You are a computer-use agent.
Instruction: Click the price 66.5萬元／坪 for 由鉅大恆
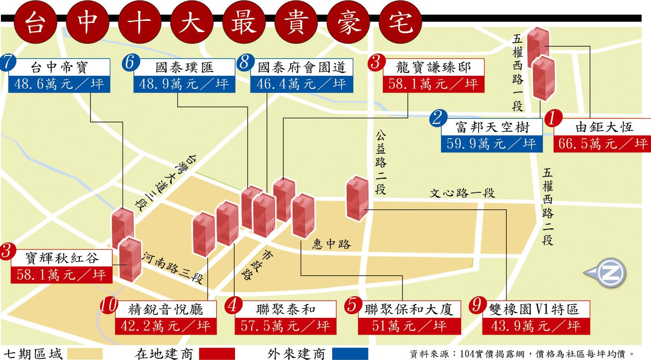tap(602, 144)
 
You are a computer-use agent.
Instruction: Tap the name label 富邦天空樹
tap(492, 127)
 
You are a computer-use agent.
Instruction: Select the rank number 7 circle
tap(8, 62)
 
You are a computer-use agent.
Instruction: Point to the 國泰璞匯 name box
tap(184, 67)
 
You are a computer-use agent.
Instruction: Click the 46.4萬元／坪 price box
tap(301, 84)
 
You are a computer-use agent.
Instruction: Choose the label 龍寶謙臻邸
tap(433, 67)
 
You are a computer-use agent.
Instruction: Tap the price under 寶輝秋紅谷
tap(61, 274)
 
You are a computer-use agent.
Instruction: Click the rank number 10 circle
tap(109, 305)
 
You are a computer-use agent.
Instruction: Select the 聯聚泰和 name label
tap(286, 309)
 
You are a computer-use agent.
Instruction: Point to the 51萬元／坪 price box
tap(409, 326)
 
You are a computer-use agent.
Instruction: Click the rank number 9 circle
tap(477, 305)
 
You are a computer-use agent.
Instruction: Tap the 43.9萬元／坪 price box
tap(536, 326)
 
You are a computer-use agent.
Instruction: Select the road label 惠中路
tap(332, 245)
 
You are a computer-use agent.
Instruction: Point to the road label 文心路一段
tap(462, 193)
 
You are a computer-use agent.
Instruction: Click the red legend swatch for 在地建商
tap(217, 353)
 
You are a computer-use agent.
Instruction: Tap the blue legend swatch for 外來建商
tap(350, 353)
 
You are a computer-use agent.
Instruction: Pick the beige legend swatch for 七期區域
tap(85, 353)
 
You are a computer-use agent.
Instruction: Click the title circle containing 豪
tap(348, 22)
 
